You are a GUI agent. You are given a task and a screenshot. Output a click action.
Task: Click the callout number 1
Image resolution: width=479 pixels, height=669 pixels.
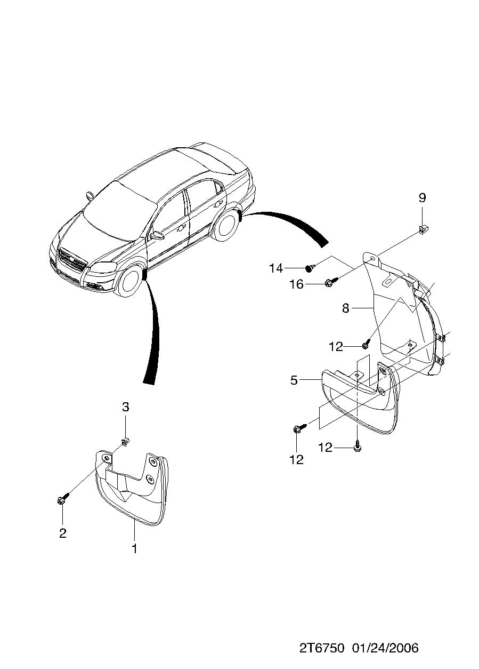[134, 548]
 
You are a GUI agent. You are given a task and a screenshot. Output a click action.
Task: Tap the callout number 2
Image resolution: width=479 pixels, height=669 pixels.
[63, 533]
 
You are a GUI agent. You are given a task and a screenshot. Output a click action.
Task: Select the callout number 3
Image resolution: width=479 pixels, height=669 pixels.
[125, 407]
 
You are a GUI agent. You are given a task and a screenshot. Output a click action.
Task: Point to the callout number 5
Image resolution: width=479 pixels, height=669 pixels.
[294, 380]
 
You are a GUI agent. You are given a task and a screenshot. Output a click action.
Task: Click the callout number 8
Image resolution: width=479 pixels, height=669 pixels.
[345, 308]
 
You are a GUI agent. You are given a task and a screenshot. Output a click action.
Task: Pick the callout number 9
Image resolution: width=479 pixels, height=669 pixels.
[422, 198]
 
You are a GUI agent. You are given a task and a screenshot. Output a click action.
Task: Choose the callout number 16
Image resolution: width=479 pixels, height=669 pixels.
[296, 284]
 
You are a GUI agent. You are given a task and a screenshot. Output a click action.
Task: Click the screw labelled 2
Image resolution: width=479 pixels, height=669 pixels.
[61, 499]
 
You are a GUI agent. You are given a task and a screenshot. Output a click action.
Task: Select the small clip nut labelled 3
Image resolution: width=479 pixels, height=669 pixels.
[125, 441]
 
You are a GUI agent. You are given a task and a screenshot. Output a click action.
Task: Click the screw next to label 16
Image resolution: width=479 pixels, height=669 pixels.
[330, 281]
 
